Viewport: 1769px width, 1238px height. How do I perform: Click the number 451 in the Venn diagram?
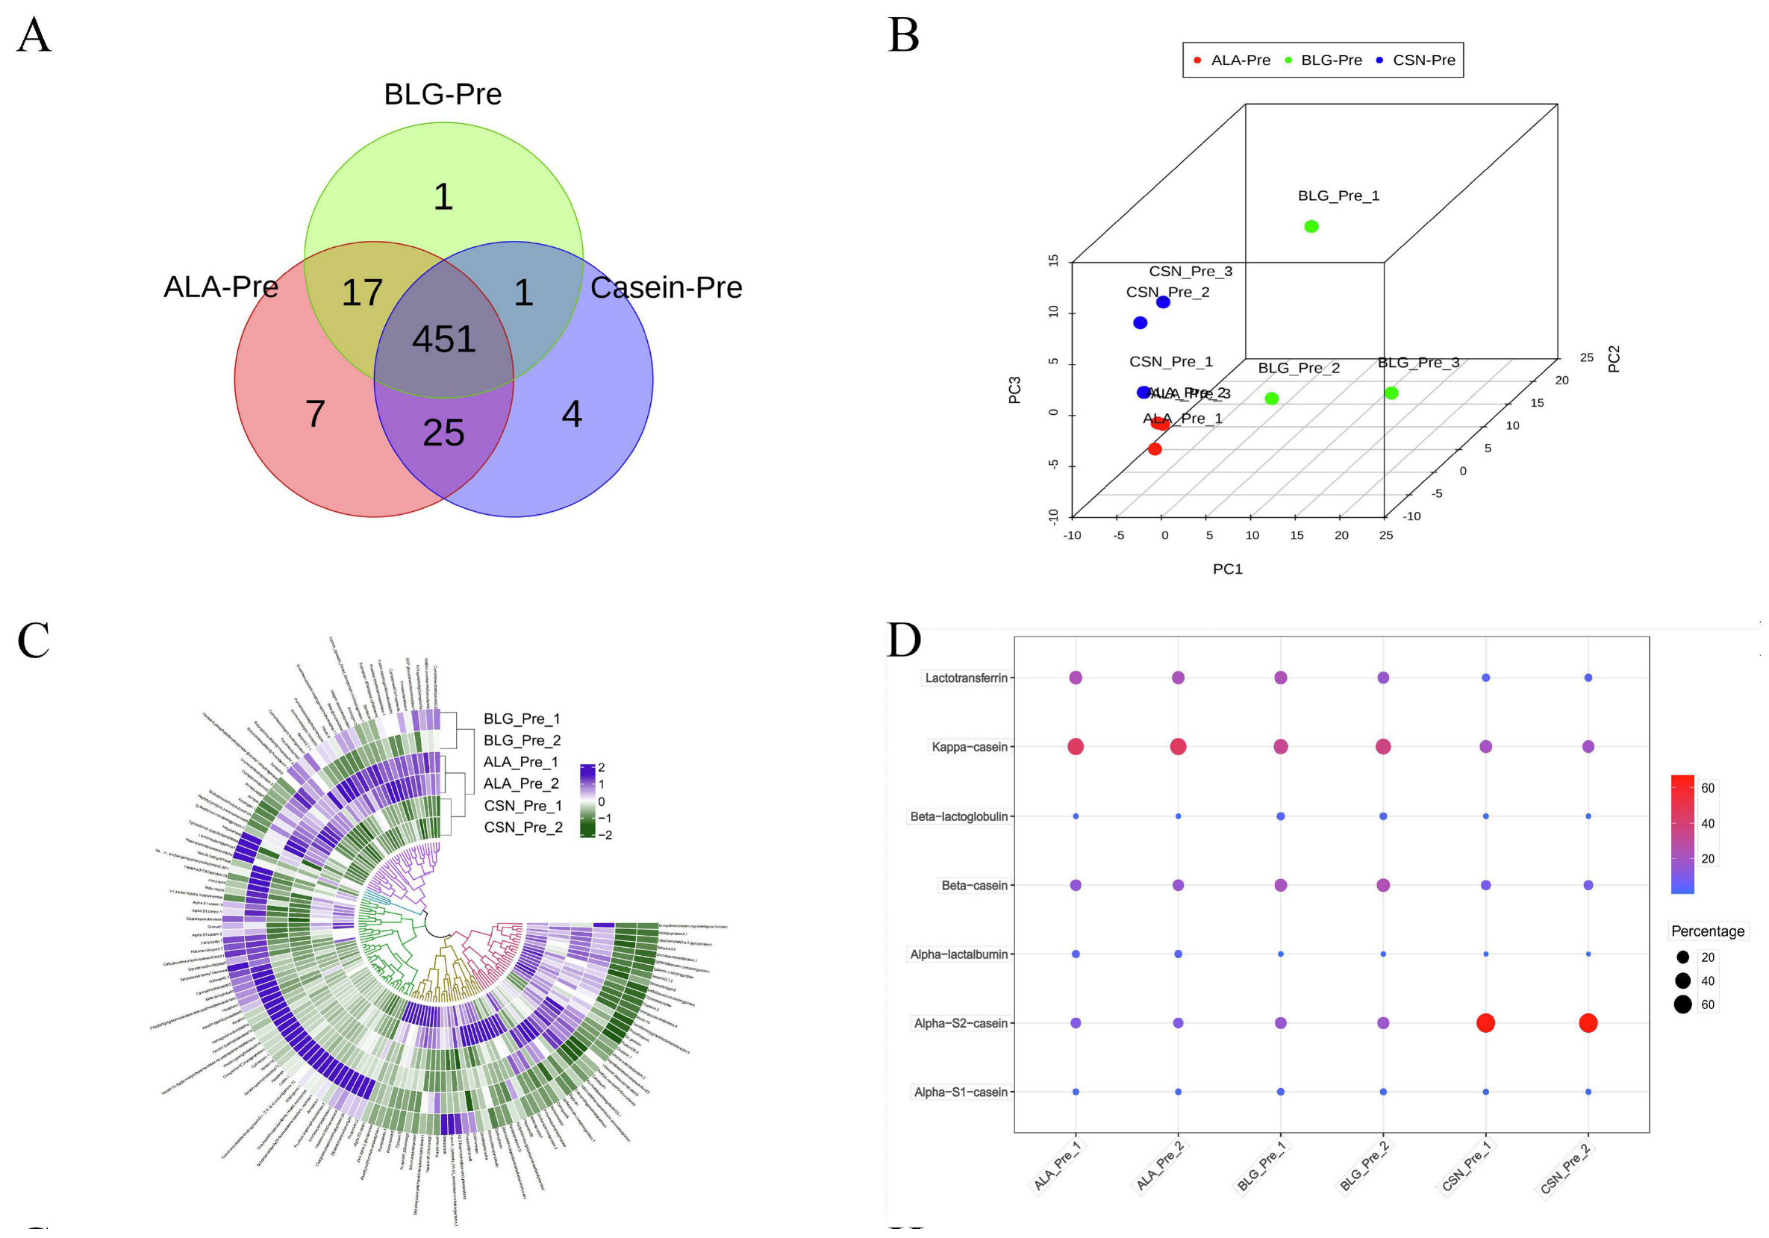pyautogui.click(x=444, y=339)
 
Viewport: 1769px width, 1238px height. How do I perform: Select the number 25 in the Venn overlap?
pyautogui.click(x=443, y=432)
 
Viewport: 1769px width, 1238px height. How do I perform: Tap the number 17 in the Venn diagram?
pyautogui.click(x=362, y=293)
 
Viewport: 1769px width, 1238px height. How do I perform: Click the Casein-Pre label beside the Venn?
pyautogui.click(x=666, y=287)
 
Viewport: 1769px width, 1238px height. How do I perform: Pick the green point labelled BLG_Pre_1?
pyautogui.click(x=1311, y=227)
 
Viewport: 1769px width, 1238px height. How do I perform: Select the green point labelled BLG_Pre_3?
pyautogui.click(x=1391, y=393)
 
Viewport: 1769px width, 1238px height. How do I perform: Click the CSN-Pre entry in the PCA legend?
pyautogui.click(x=1423, y=60)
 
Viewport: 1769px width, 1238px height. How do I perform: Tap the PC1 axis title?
pyautogui.click(x=1227, y=569)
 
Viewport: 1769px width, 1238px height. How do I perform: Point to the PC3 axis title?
pyautogui.click(x=1014, y=390)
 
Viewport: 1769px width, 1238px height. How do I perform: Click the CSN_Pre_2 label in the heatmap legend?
pyautogui.click(x=523, y=828)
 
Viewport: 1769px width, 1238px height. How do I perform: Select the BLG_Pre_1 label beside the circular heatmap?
pyautogui.click(x=522, y=719)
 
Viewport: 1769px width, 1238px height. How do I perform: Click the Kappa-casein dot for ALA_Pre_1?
pyautogui.click(x=1076, y=746)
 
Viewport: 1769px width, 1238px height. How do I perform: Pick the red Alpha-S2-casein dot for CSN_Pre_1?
pyautogui.click(x=1485, y=1023)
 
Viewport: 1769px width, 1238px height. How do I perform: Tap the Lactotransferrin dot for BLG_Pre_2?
pyautogui.click(x=1383, y=678)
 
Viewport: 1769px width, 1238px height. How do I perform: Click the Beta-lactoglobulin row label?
pyautogui.click(x=959, y=816)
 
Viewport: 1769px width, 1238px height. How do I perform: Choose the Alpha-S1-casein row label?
pyautogui.click(x=961, y=1092)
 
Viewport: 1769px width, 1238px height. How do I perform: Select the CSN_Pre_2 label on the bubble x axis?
pyautogui.click(x=1565, y=1169)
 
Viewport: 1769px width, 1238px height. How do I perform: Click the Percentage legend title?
pyautogui.click(x=1707, y=931)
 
